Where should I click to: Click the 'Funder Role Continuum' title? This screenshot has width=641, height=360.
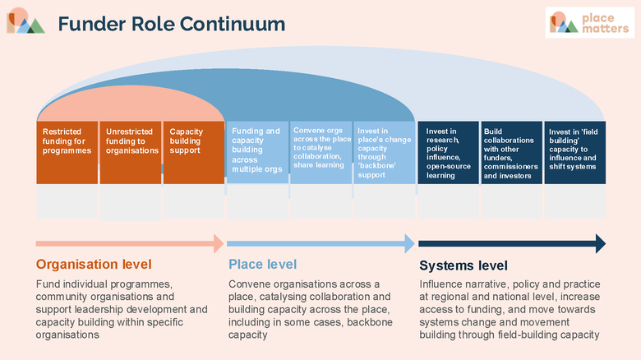(x=172, y=24)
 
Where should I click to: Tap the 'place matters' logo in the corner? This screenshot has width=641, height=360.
(x=590, y=22)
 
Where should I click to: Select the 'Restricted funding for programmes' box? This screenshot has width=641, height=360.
(x=67, y=152)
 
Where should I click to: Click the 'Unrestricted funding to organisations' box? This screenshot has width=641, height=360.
(x=131, y=152)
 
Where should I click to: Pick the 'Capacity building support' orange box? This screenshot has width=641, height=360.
(x=194, y=152)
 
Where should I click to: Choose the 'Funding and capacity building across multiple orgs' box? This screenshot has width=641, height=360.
(x=257, y=152)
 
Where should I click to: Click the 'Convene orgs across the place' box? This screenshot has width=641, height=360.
(x=320, y=152)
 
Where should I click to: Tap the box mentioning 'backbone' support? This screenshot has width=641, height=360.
(x=385, y=152)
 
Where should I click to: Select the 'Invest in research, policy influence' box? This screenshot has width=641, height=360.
(x=448, y=152)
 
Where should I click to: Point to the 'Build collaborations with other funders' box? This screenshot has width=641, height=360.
(x=512, y=152)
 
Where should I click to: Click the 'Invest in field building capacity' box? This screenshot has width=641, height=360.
(x=575, y=152)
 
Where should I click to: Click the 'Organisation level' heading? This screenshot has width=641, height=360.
(x=94, y=265)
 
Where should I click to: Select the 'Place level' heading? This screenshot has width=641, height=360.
(x=262, y=265)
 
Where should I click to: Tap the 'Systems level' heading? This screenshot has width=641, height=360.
(x=463, y=265)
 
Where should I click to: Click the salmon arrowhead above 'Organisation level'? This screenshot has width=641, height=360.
(x=219, y=244)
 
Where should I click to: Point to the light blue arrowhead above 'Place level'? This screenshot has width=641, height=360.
(x=409, y=244)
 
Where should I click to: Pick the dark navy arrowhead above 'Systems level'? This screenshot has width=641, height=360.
(x=601, y=244)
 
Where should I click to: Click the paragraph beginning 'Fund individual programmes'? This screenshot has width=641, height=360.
(x=122, y=309)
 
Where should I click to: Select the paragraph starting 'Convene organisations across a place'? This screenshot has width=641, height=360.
(x=311, y=309)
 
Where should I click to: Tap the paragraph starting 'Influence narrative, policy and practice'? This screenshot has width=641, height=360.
(x=510, y=309)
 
